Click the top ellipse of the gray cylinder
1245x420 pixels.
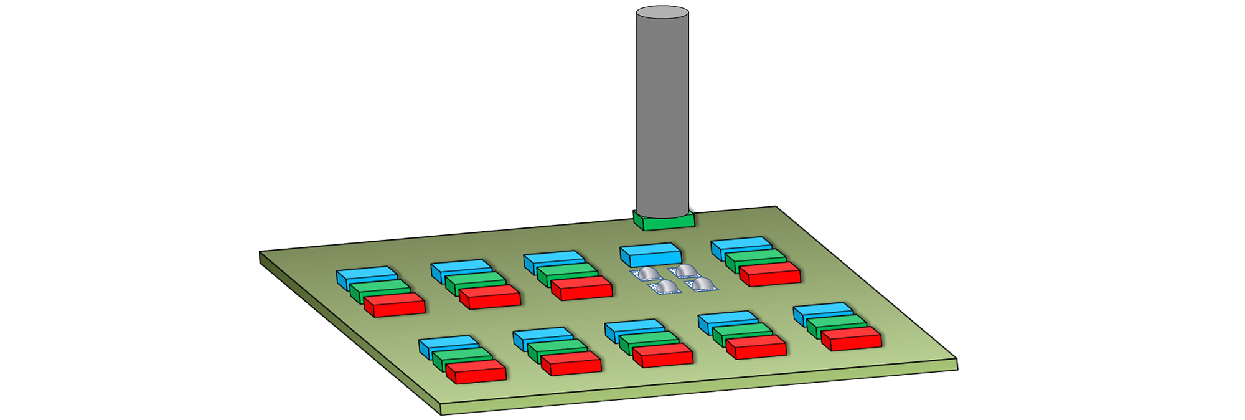tap(662, 12)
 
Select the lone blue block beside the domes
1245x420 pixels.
tap(651, 254)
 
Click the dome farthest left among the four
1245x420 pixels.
tap(647, 274)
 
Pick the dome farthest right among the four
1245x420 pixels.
tap(702, 285)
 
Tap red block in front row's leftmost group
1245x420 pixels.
tap(476, 371)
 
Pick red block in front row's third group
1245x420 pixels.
tap(663, 355)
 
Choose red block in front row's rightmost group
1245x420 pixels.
tap(852, 338)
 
